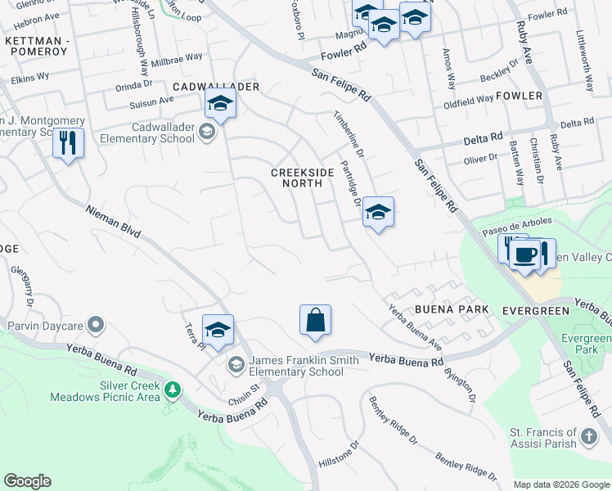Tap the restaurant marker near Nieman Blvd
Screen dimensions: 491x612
(x=68, y=144)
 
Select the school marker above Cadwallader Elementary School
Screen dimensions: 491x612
(x=219, y=104)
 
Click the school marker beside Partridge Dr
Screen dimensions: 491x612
(x=378, y=212)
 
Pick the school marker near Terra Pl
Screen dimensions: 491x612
(x=218, y=330)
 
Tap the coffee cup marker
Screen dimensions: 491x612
(x=524, y=255)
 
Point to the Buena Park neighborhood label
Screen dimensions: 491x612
(x=452, y=309)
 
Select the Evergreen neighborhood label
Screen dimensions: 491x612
(x=535, y=310)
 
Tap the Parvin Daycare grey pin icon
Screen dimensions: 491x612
(x=97, y=326)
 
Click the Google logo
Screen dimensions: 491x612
(x=27, y=481)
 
